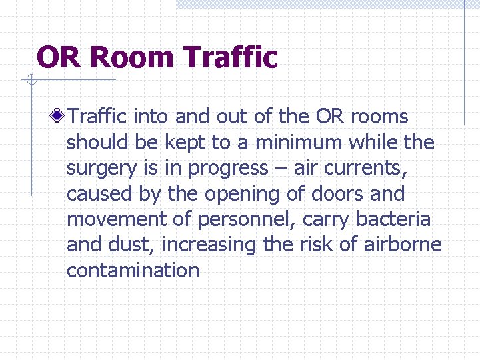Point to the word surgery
95,169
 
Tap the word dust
134,245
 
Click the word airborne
403,245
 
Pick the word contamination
133,270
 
